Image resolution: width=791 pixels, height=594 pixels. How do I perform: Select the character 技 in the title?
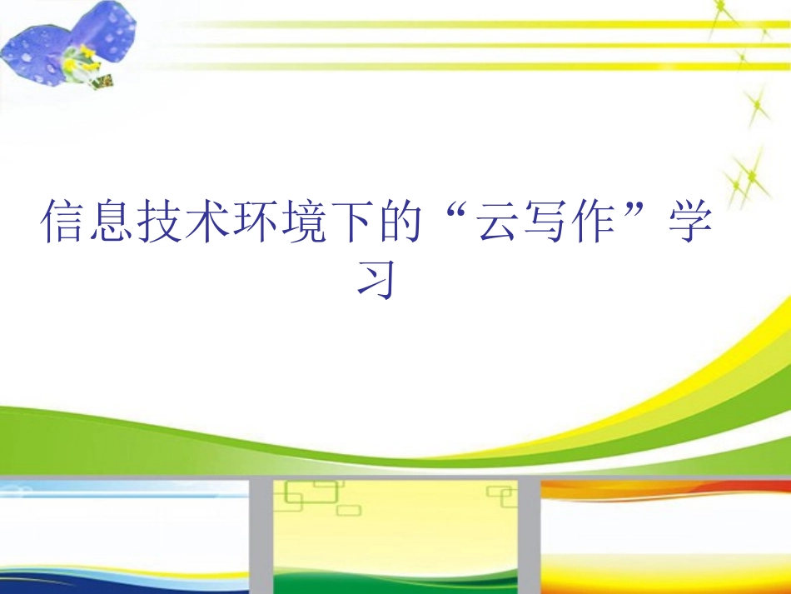point(160,221)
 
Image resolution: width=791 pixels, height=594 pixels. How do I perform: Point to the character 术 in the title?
point(207,221)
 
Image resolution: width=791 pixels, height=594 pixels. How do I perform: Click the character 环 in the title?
point(256,221)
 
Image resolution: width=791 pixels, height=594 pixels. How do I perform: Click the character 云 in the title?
point(497,221)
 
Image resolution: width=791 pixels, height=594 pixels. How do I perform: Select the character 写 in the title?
point(545,221)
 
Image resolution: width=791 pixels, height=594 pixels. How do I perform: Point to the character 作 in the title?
point(594,221)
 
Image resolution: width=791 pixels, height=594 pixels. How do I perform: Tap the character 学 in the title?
point(689,221)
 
